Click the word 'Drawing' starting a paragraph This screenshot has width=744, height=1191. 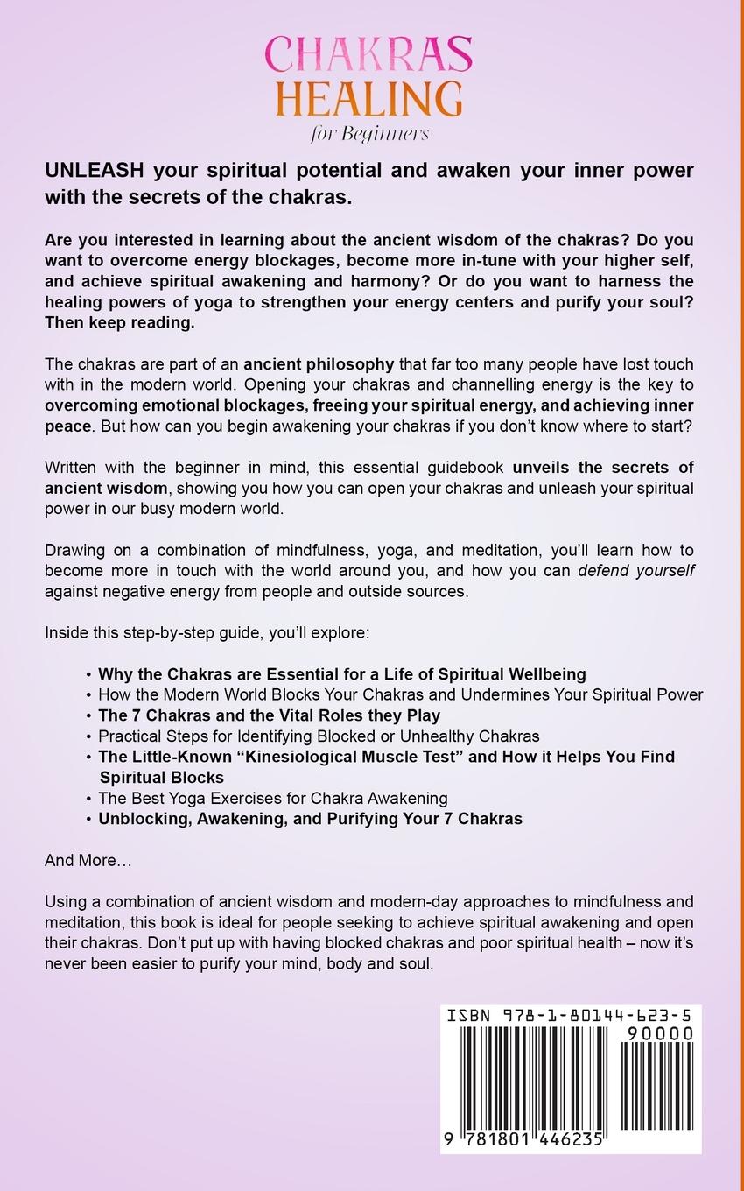pyautogui.click(x=75, y=550)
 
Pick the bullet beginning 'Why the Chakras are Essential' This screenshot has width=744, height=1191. pyautogui.click(x=341, y=673)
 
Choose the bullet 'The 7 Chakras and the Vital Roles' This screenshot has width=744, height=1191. pyautogui.click(x=269, y=715)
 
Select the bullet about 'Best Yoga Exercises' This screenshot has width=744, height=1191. pyautogui.click(x=272, y=798)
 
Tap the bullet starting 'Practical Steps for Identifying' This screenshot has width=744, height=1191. pyautogui.click(x=319, y=736)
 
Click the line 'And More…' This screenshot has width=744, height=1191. pyautogui.click(x=88, y=860)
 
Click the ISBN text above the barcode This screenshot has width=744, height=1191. pyautogui.click(x=570, y=1016)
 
